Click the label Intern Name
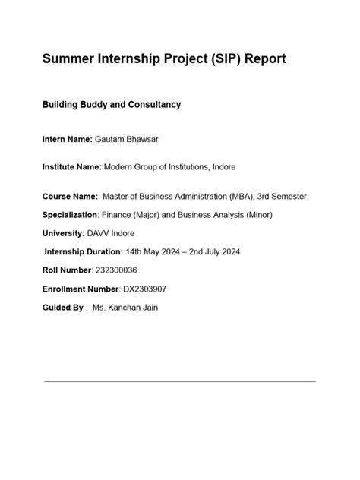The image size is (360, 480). pos(66,139)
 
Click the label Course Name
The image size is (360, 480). pos(69,197)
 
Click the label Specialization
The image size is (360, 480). pos(70,215)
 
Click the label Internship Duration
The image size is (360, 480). pos(84,251)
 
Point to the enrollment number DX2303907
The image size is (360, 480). pos(149,289)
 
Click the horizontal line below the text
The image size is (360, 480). pos(180,381)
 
